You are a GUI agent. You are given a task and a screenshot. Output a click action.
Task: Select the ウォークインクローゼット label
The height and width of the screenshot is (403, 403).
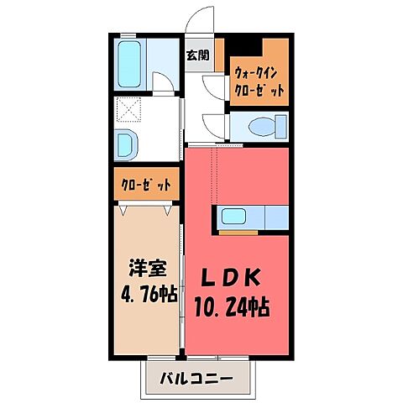(259, 81)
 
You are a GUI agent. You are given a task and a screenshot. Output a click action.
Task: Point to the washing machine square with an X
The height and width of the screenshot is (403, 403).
(130, 110)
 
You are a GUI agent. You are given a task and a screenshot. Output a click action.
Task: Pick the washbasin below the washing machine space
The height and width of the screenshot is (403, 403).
(128, 144)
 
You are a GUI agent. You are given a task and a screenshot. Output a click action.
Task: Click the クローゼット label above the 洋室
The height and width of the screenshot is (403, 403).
(144, 184)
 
